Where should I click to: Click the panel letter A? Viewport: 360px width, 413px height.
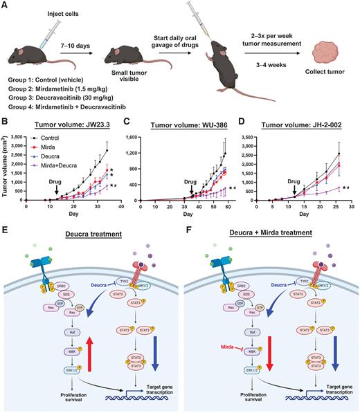click(6, 6)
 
